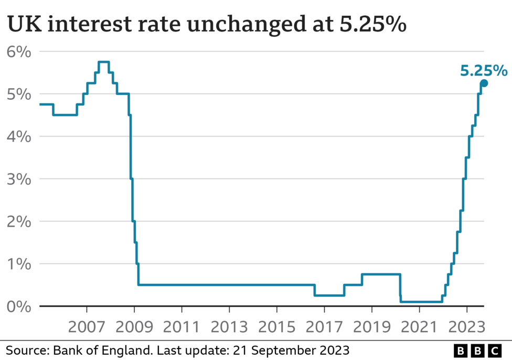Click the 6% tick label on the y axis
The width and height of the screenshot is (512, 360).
[19, 51]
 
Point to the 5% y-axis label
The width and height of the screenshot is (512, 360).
[19, 94]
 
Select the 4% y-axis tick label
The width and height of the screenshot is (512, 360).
[19, 136]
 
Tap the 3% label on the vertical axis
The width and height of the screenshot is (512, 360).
[19, 179]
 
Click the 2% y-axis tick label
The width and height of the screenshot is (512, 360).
[19, 221]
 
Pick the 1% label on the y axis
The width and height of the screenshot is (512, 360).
[19, 264]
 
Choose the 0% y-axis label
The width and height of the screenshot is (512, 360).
[19, 306]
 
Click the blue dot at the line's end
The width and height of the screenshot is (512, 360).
[484, 83]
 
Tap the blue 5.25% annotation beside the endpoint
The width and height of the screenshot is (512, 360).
[483, 70]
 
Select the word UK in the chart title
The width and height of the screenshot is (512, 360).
[21, 25]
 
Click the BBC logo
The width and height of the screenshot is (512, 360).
[477, 350]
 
